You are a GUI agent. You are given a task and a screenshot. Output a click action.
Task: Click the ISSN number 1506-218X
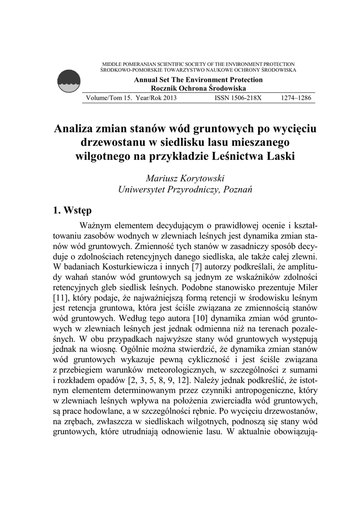tap(237, 98)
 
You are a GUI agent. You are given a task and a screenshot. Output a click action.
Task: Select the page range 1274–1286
tap(295, 98)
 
